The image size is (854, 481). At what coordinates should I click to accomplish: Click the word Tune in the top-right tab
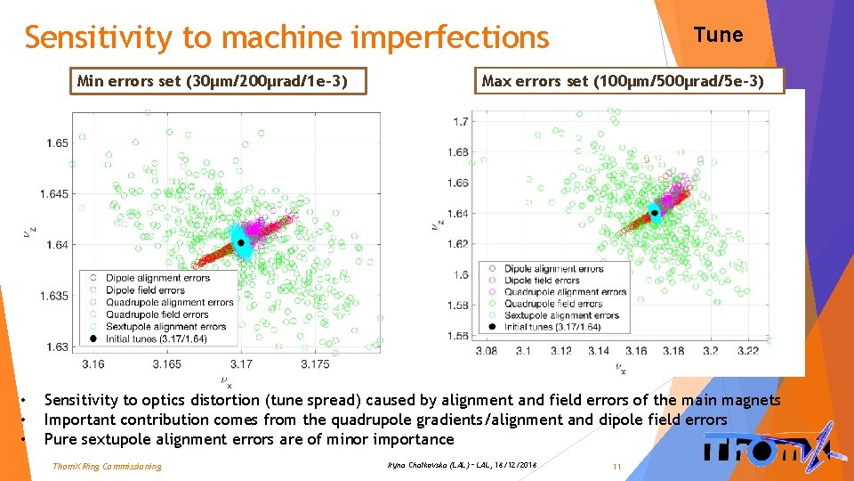coord(718,35)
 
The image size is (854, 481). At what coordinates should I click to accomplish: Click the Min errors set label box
coord(220,82)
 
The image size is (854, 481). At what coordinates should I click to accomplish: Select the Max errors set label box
coord(622,82)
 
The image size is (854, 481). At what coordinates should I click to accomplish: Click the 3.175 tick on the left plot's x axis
coord(315,363)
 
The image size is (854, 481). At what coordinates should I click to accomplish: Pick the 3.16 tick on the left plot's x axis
coord(93,363)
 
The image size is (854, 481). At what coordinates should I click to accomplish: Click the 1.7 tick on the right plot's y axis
coord(460,122)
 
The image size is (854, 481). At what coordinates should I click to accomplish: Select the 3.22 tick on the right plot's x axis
coord(748,351)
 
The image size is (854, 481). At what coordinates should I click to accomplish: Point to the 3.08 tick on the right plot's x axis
coord(486,351)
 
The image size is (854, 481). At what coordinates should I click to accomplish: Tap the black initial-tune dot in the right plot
coord(654,212)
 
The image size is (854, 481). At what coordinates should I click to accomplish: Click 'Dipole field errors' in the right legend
coord(543,281)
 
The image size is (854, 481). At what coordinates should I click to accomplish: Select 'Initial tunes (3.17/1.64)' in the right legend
coord(560,327)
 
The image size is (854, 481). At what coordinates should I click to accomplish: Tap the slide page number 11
coord(616,466)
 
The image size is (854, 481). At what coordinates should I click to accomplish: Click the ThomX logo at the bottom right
coord(768,450)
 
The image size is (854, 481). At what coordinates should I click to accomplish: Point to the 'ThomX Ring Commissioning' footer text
coord(107,466)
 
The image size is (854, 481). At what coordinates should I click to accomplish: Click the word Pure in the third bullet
coord(60,439)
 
